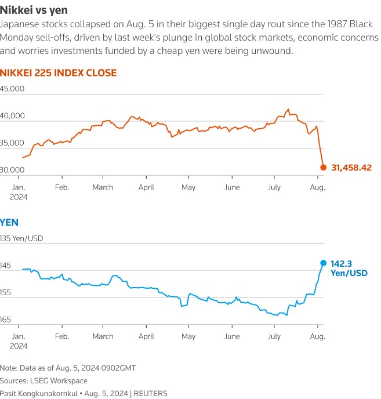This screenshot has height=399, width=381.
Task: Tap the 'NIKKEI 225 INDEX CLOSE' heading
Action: pyautogui.click(x=58, y=72)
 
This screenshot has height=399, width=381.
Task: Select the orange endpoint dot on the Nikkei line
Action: pyautogui.click(x=324, y=168)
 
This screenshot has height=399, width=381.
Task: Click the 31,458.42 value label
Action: pyautogui.click(x=351, y=168)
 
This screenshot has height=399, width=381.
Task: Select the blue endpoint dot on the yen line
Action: pyautogui.click(x=324, y=263)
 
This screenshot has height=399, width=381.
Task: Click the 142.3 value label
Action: pyautogui.click(x=342, y=263)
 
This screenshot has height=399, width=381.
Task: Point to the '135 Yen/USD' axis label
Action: pyautogui.click(x=21, y=238)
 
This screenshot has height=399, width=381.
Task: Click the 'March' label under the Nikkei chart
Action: pyautogui.click(x=103, y=187)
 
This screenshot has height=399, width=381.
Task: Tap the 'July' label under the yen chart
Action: pyautogui.click(x=274, y=336)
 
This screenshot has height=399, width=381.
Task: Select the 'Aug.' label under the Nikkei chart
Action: pyautogui.click(x=317, y=187)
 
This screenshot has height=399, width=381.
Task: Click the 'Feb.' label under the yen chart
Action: pyautogui.click(x=61, y=336)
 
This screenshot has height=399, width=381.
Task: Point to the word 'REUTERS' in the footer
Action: pyautogui.click(x=151, y=393)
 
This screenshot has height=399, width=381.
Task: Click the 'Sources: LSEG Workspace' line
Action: pyautogui.click(x=44, y=380)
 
